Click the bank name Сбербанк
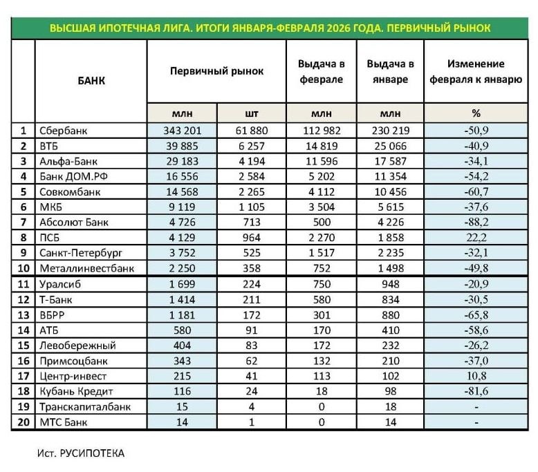(x=64, y=130)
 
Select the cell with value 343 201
(x=182, y=130)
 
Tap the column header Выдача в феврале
(x=321, y=71)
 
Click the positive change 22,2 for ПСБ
(x=476, y=238)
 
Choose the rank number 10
(x=24, y=268)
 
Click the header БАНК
(x=91, y=79)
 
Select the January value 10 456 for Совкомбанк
(x=389, y=191)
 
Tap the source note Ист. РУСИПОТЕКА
(x=82, y=453)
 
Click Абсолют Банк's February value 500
(x=321, y=223)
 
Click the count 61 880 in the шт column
(x=251, y=130)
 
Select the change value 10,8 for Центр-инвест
(x=476, y=376)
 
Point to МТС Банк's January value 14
(x=389, y=422)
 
